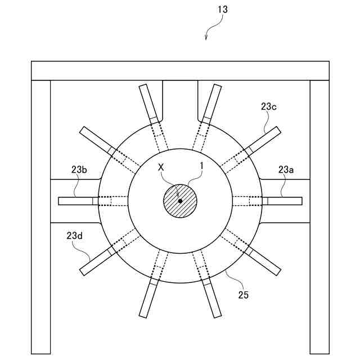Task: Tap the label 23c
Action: pos(269,105)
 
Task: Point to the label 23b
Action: pos(79,169)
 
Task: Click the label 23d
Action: pos(74,236)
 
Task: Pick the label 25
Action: pos(244,294)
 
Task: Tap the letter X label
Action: pos(161,168)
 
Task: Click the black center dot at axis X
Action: pos(180,201)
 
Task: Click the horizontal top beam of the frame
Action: pos(180,71)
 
